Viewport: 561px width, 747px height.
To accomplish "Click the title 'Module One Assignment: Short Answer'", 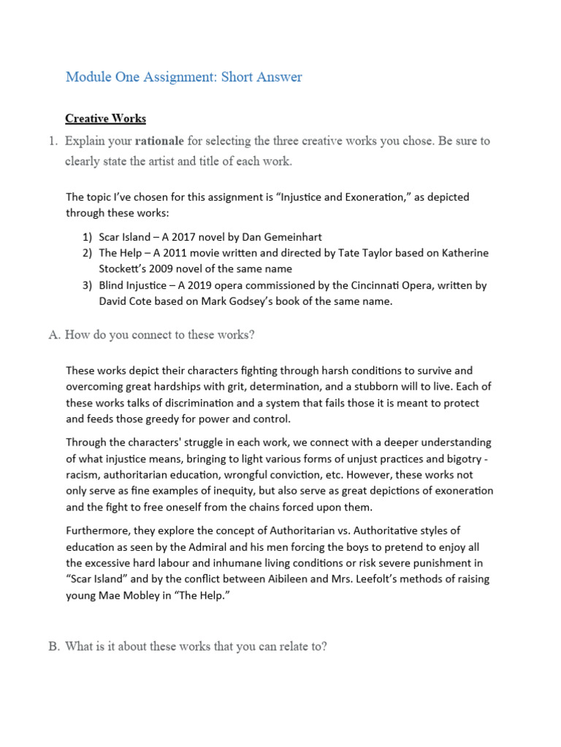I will click(x=183, y=77).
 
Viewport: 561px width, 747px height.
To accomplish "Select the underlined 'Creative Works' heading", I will click(x=105, y=118).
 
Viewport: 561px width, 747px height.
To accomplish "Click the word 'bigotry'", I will click(x=467, y=458).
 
